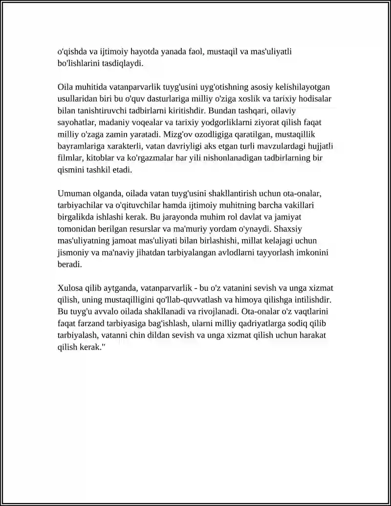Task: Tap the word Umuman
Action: [73, 193]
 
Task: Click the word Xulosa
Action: [69, 287]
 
